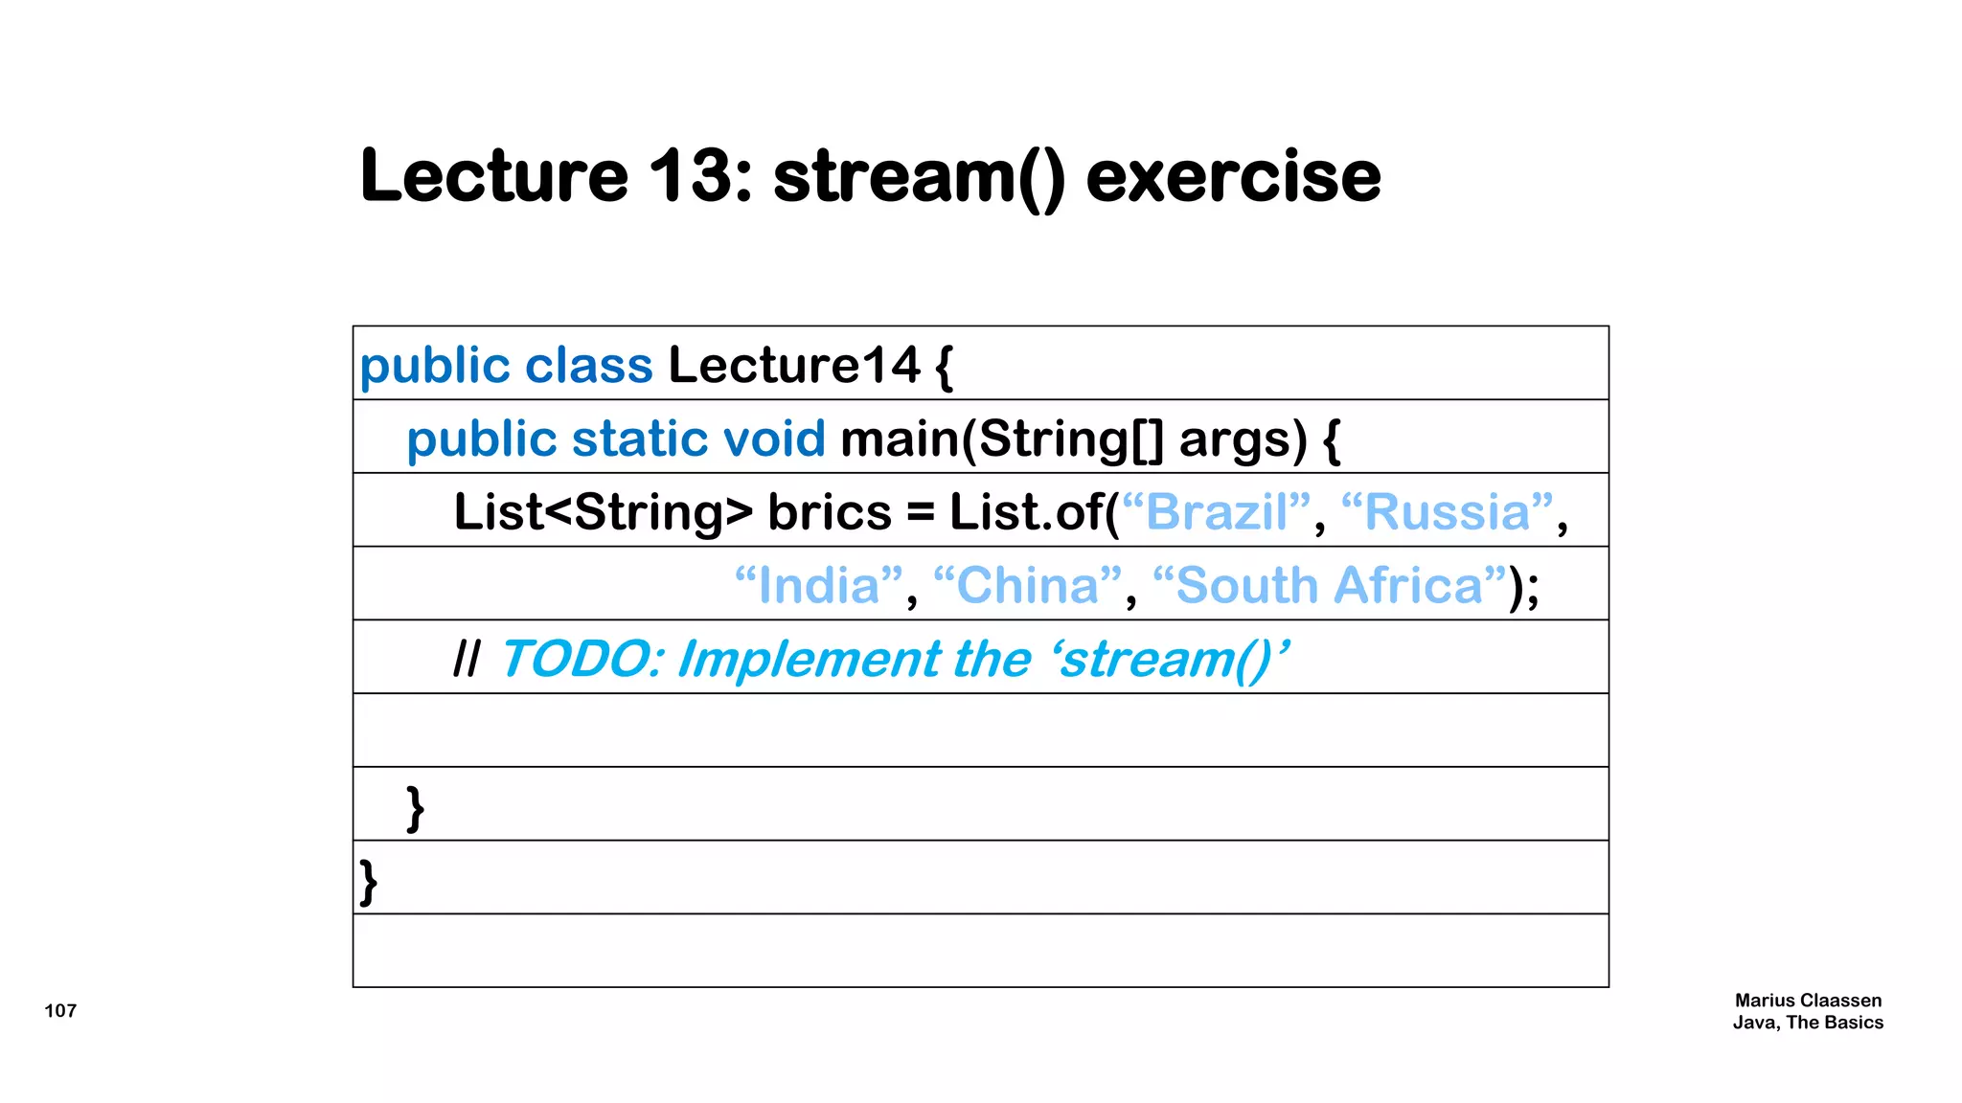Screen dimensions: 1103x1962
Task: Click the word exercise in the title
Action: pos(1233,176)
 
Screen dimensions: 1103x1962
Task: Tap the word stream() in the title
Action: pos(919,178)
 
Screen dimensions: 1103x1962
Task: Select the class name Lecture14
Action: pos(794,365)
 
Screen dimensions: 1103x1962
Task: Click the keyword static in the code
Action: pos(639,439)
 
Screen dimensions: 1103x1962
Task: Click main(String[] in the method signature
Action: pos(1002,439)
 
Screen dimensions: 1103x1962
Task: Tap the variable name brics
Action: pos(830,512)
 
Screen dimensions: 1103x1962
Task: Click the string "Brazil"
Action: pos(1217,512)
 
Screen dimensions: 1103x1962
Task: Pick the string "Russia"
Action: pos(1447,512)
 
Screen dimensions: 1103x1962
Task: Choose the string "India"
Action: pos(819,585)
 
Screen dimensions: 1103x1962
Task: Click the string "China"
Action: pos(1027,585)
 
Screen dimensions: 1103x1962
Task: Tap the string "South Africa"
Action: pos(1330,585)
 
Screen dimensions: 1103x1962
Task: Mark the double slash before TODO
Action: pos(467,660)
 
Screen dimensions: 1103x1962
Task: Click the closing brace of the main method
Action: pos(415,808)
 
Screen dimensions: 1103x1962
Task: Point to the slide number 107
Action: pos(60,1010)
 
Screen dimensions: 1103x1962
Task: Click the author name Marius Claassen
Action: pos(1808,1000)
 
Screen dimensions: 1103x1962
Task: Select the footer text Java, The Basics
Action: pos(1808,1023)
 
